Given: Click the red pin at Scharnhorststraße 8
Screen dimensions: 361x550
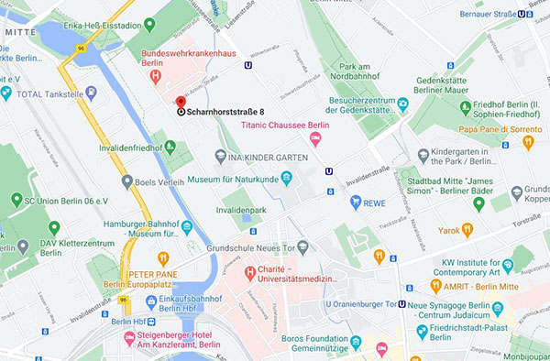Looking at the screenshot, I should [x=181, y=104].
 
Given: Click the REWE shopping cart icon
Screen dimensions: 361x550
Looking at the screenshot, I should [x=355, y=202].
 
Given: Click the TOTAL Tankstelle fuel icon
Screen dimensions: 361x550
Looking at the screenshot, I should [x=6, y=93].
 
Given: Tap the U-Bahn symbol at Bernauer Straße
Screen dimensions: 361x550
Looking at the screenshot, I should [x=522, y=14].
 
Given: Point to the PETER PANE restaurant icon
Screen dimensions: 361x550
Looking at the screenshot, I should [x=163, y=258].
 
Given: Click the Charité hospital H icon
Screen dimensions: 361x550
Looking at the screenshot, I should [x=248, y=272].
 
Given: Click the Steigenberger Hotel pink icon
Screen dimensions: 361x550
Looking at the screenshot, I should [x=129, y=338].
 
